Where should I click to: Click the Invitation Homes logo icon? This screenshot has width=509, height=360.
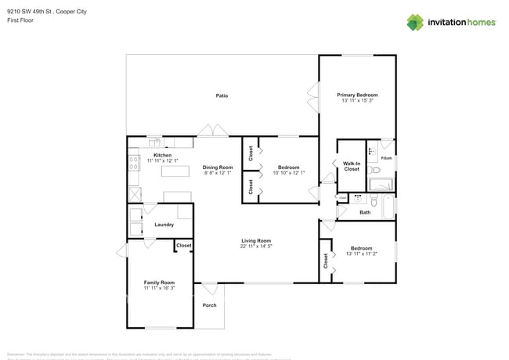[414, 22]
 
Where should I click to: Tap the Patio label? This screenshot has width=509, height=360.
[222, 95]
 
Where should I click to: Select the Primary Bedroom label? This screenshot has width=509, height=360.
[357, 95]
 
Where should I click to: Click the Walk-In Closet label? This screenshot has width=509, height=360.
[351, 166]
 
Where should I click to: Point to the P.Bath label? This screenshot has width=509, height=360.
[385, 159]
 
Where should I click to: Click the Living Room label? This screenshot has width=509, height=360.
[255, 240]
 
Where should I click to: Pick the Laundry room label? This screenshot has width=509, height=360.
[164, 225]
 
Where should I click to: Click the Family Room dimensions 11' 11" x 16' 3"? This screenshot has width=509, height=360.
[159, 288]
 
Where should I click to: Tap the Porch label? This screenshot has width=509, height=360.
[209, 305]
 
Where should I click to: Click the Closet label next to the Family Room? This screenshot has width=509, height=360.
[183, 246]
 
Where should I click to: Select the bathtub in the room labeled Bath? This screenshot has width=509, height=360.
[388, 207]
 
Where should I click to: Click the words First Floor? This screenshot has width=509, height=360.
[20, 20]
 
